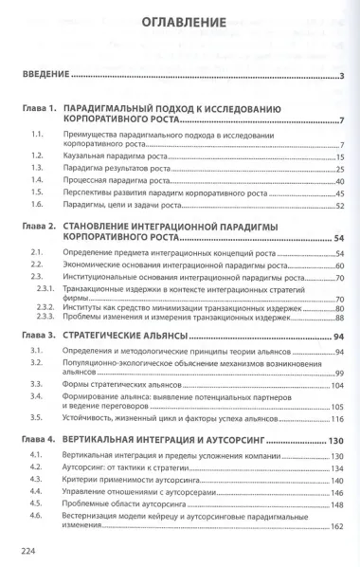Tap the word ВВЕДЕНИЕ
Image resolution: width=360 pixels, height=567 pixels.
click(x=45, y=76)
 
